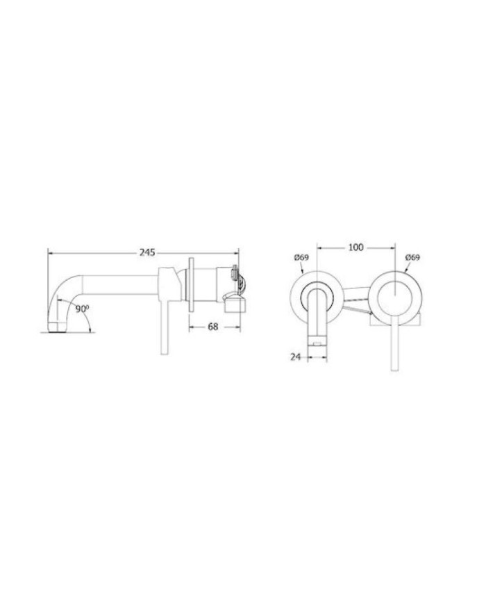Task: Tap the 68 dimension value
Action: click(212, 327)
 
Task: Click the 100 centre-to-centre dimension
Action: click(356, 247)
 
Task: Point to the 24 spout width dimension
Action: click(296, 357)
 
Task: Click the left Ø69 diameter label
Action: click(301, 257)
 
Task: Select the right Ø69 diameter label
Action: click(412, 257)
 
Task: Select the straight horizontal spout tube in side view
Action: click(118, 286)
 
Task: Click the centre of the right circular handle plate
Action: click(395, 296)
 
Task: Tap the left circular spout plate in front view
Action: click(317, 295)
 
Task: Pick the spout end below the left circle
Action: click(317, 338)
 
